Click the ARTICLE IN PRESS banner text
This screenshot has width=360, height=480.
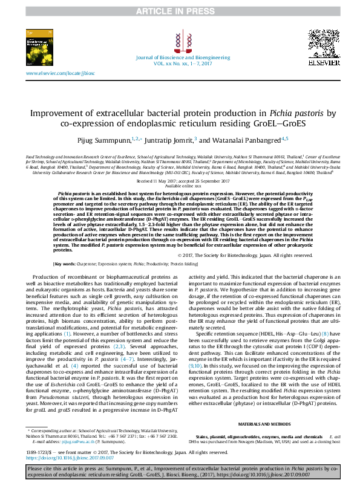[x=179, y=11]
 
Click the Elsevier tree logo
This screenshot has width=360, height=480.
[x=319, y=44]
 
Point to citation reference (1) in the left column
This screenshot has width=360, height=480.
[x=67, y=333]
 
